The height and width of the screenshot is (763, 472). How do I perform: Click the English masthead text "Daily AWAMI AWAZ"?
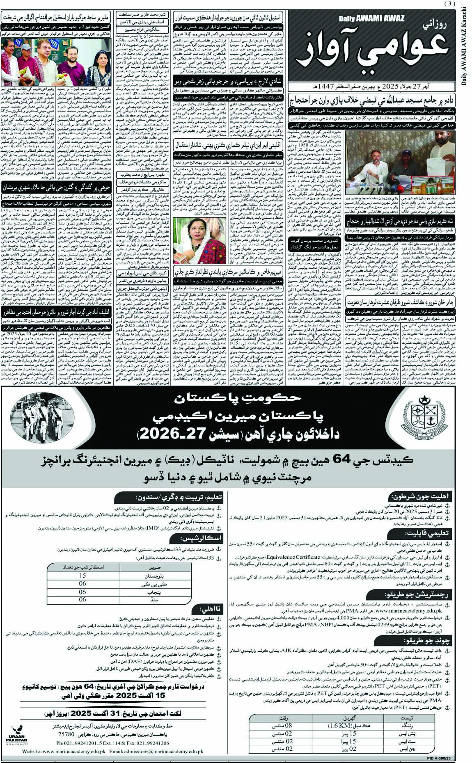pos(372,18)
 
